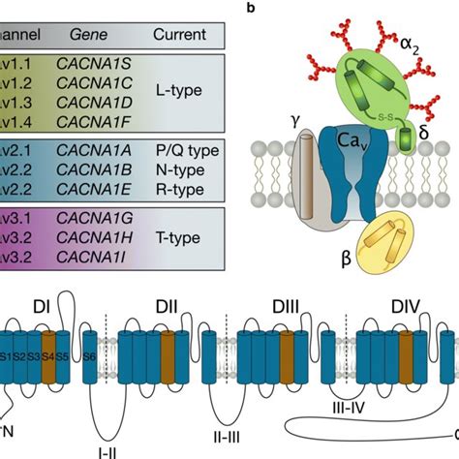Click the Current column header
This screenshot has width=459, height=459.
179,34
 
